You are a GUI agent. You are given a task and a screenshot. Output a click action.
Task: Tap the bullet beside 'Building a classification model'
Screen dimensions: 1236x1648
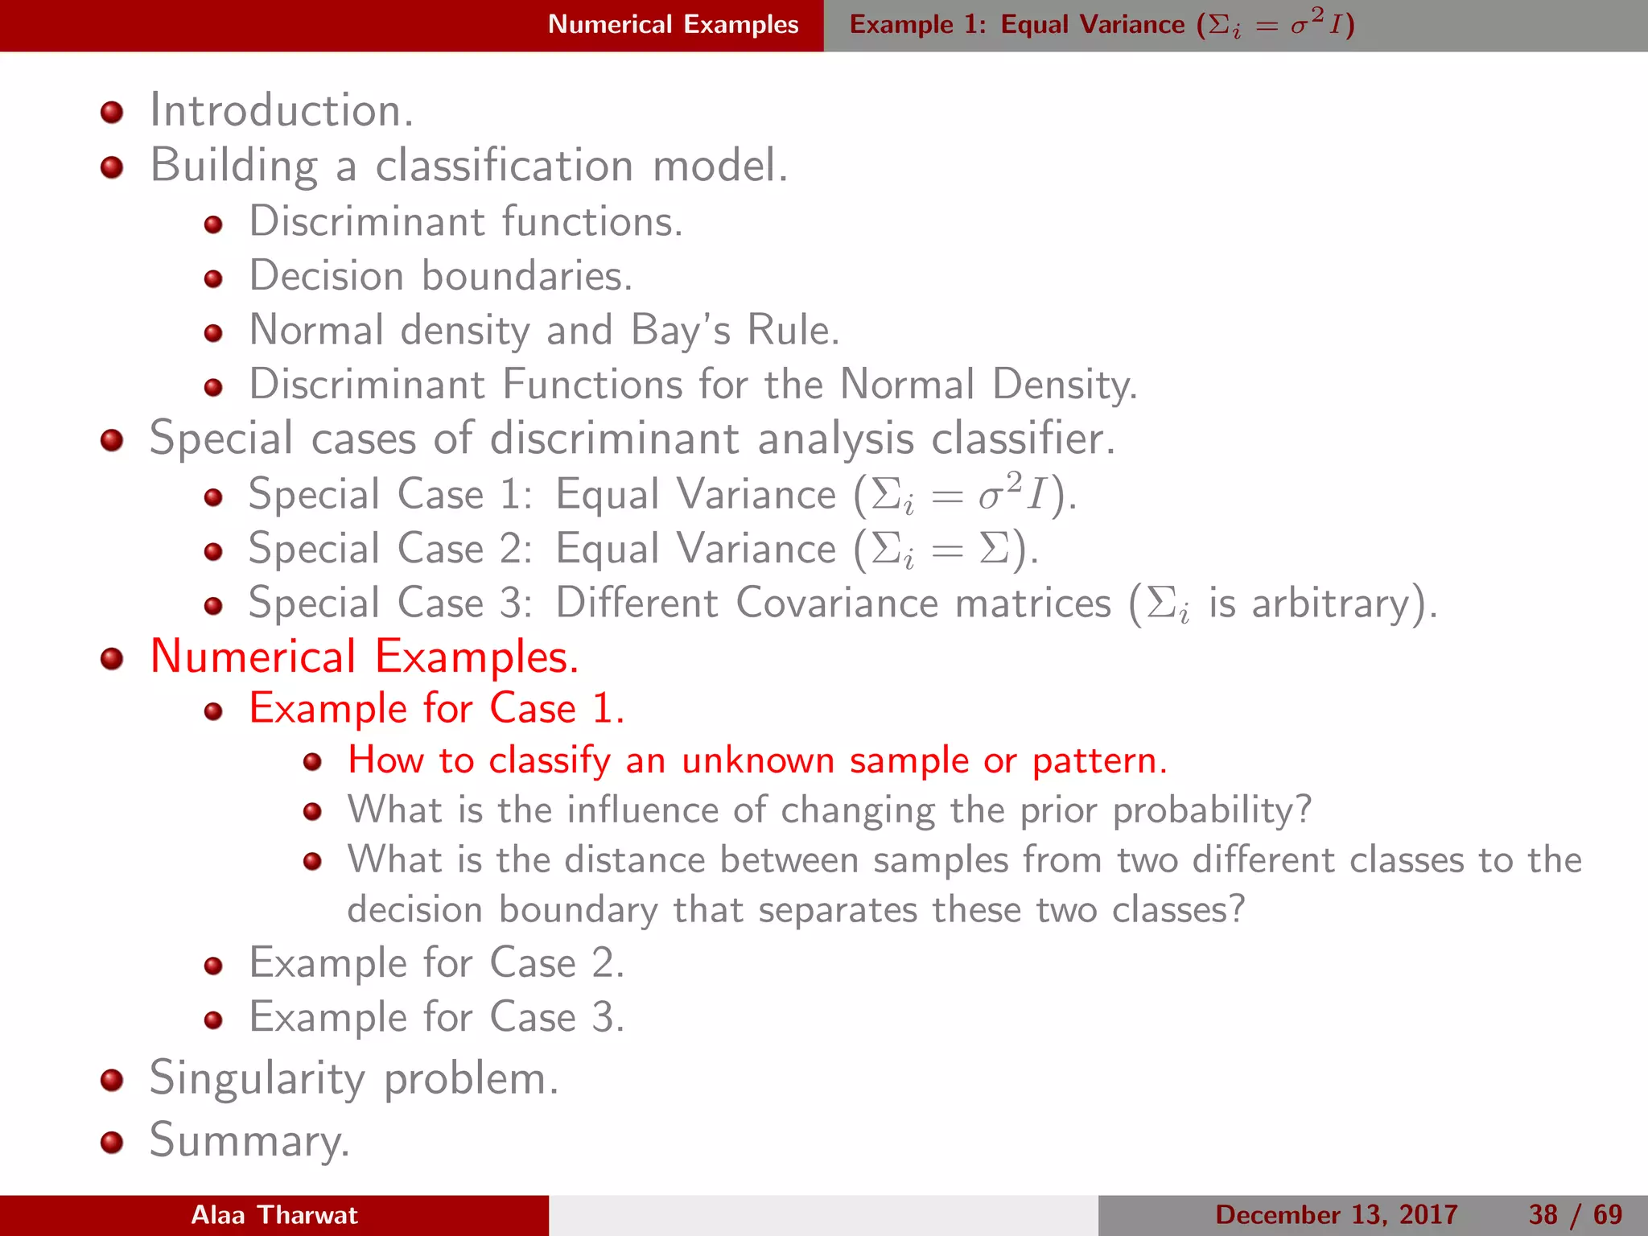point(112,167)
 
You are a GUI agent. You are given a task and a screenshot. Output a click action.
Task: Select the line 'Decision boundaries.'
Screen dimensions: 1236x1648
point(440,276)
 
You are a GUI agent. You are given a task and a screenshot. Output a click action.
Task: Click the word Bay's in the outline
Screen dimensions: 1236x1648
point(680,331)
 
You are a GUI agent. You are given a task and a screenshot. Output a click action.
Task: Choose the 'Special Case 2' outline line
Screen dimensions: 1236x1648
point(643,550)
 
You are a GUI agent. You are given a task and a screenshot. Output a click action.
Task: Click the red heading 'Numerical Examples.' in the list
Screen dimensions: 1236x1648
point(364,657)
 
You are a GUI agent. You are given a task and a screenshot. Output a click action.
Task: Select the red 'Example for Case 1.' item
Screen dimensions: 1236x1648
point(436,709)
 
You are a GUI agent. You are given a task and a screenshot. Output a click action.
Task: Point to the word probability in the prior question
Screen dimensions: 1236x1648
point(1211,810)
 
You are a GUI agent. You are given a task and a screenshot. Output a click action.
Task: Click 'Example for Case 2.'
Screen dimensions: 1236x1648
point(436,963)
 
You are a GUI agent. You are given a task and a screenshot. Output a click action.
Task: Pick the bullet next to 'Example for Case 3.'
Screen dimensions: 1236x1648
point(213,1020)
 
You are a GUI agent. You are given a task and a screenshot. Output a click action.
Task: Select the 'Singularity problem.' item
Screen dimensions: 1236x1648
point(353,1079)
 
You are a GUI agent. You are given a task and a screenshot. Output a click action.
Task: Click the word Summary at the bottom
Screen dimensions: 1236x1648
point(249,1141)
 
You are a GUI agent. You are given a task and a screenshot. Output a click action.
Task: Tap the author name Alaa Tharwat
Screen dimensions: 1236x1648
point(274,1215)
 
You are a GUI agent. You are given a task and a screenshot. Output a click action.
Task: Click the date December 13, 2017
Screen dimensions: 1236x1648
point(1336,1215)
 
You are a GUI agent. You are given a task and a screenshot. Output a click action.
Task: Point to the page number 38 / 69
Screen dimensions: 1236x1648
point(1575,1215)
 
